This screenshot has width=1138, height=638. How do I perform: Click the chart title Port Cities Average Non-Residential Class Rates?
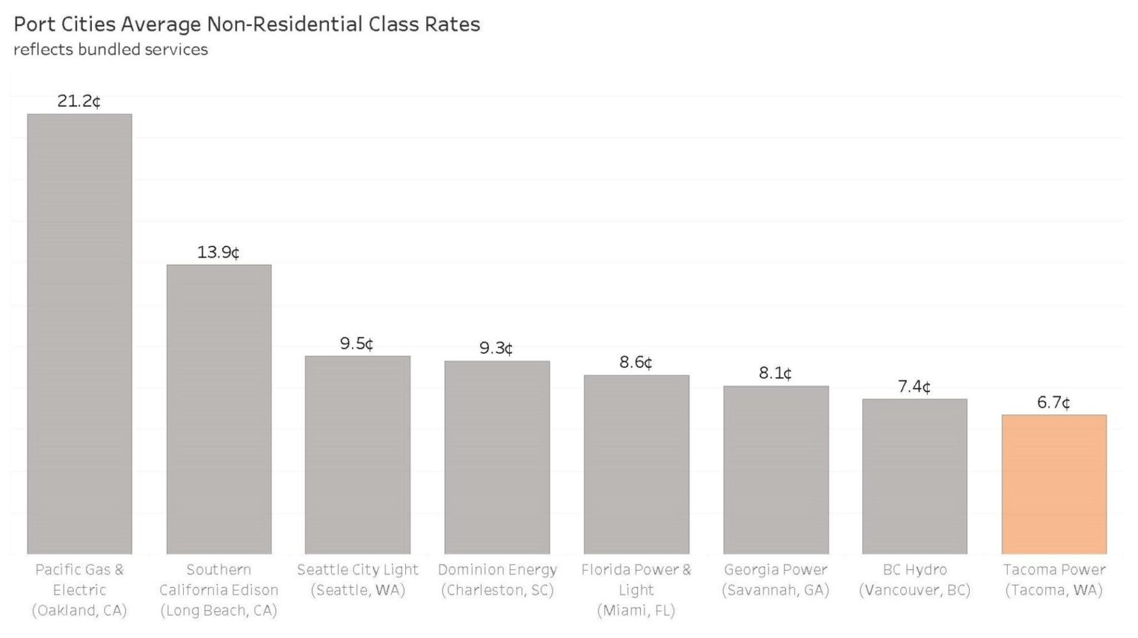[x=247, y=24]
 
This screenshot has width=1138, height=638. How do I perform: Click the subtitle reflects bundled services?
[x=110, y=50]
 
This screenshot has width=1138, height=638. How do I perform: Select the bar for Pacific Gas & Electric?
[x=79, y=333]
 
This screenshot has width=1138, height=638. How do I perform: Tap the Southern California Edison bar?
[x=219, y=409]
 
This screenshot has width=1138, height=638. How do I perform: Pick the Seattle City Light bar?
[x=358, y=454]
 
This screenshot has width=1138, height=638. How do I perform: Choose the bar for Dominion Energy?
[x=497, y=457]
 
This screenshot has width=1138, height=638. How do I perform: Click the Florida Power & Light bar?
[x=636, y=464]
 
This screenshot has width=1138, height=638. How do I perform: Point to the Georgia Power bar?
[x=776, y=469]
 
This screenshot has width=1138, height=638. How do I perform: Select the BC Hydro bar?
[x=915, y=476]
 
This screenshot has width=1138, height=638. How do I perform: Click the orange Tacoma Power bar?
[x=1054, y=484]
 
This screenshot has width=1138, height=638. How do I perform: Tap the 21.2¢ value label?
[x=79, y=101]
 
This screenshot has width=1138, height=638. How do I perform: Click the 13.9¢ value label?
[x=219, y=252]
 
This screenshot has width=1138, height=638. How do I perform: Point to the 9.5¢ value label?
[x=357, y=343]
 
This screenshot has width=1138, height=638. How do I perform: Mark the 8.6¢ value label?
[x=636, y=362]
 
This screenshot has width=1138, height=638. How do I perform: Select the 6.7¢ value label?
[x=1054, y=403]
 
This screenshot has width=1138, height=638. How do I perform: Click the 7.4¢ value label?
[x=914, y=386]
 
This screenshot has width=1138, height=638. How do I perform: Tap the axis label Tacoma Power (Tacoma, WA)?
[x=1054, y=580]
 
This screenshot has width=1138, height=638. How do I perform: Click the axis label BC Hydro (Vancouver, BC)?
[x=914, y=580]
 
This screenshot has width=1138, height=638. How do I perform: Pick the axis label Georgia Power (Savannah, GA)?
[x=776, y=580]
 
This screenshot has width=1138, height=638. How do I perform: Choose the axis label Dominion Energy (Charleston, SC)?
[x=497, y=580]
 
